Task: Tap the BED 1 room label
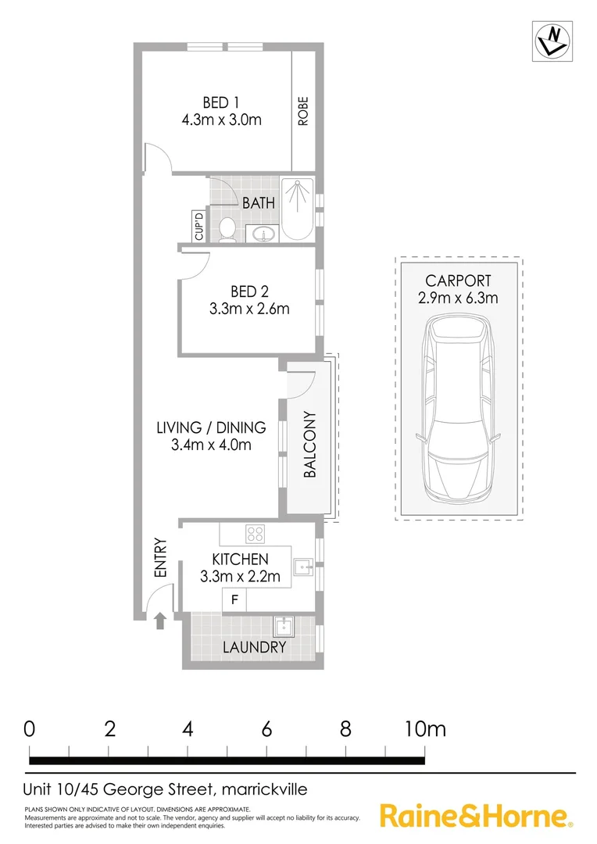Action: pyautogui.click(x=221, y=102)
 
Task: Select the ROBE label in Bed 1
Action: pyautogui.click(x=303, y=111)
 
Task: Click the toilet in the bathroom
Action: pyautogui.click(x=227, y=228)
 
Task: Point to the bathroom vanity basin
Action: pyautogui.click(x=262, y=234)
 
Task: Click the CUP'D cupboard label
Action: pyautogui.click(x=198, y=227)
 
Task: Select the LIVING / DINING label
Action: pyautogui.click(x=211, y=427)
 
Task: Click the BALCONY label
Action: pyautogui.click(x=310, y=445)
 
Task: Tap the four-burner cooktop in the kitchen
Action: pyautogui.click(x=256, y=535)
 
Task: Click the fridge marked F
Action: pyautogui.click(x=234, y=600)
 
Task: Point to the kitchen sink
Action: pyautogui.click(x=302, y=564)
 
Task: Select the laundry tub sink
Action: pyautogui.click(x=283, y=626)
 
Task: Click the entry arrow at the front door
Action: pyautogui.click(x=160, y=621)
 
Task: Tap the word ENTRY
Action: pyautogui.click(x=161, y=558)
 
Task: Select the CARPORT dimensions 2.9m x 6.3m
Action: pyautogui.click(x=458, y=298)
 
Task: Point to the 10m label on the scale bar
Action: pyautogui.click(x=425, y=729)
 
